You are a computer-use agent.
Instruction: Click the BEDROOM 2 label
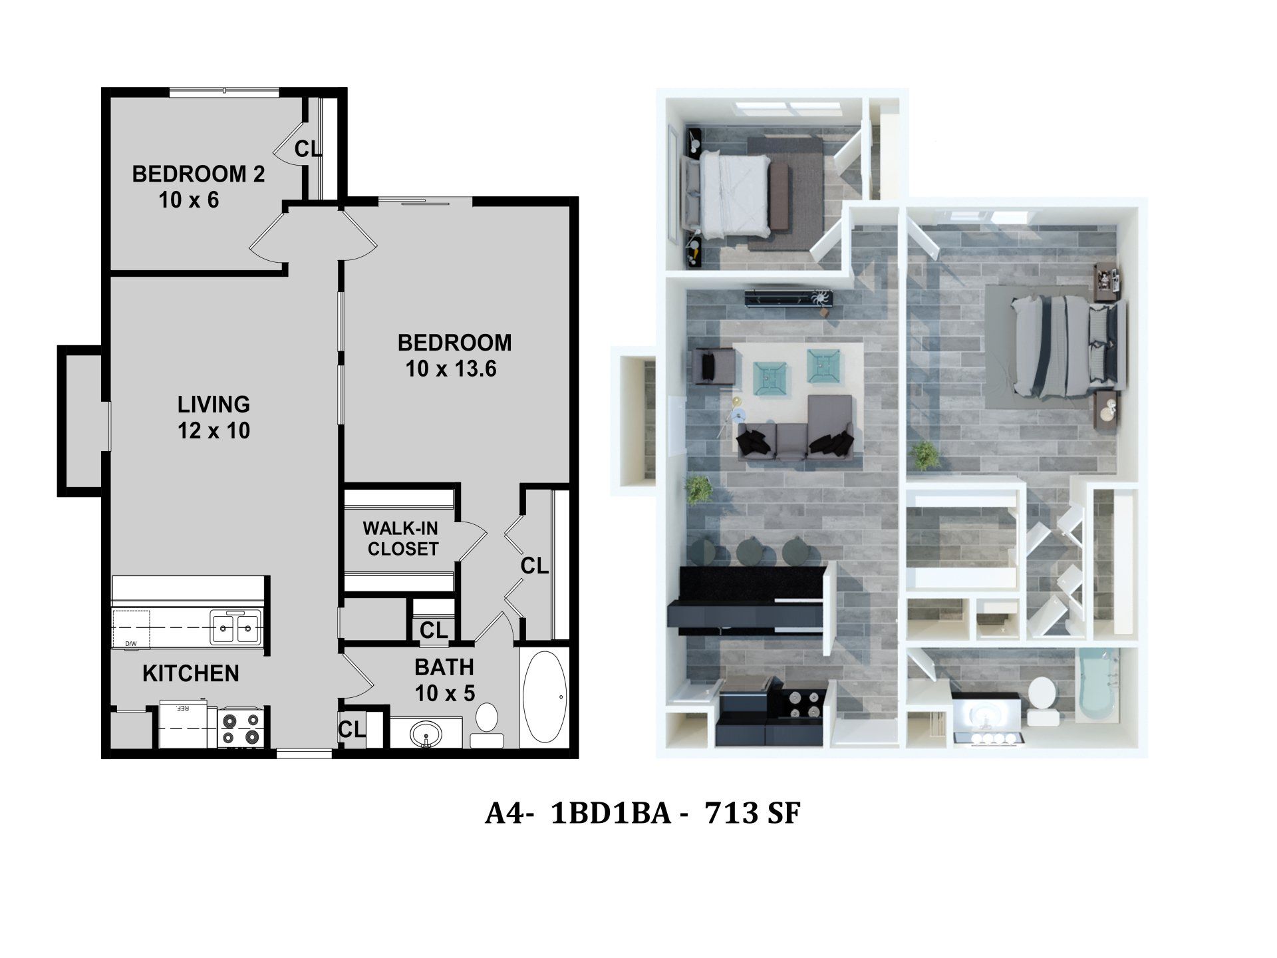coord(198,174)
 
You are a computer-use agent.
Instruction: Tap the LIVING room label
coord(213,404)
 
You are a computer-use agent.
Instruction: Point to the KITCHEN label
coord(190,673)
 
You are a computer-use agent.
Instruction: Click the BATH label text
coord(444,667)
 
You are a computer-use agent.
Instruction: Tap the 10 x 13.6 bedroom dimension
coord(451,369)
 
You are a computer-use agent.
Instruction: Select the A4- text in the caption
coord(509,813)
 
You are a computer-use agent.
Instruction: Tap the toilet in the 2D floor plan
coord(487,722)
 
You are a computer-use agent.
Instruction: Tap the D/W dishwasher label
coord(130,643)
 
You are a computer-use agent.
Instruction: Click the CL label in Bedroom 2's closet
coord(308,149)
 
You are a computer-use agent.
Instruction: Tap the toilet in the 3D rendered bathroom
coord(1042,701)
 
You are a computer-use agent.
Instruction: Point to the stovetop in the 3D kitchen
coord(801,704)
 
